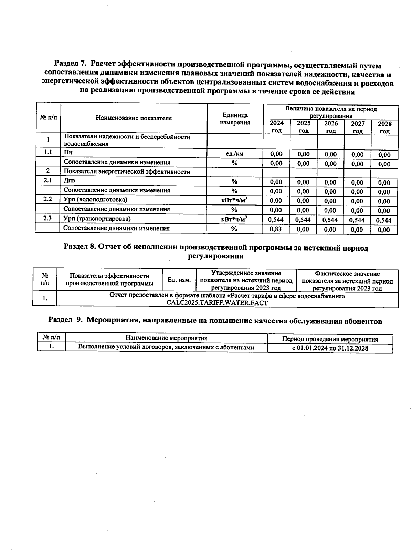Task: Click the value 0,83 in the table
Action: click(276, 229)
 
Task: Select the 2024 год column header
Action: click(276, 127)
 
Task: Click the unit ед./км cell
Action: click(234, 154)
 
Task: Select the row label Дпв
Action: click(70, 180)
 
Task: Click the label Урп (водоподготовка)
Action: click(95, 199)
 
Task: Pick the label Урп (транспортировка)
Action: click(97, 219)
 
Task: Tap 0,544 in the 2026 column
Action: click(330, 220)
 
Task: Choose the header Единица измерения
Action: click(235, 119)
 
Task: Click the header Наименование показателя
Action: click(134, 118)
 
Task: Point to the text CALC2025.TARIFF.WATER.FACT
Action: click(217, 303)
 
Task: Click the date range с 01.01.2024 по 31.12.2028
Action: click(330, 348)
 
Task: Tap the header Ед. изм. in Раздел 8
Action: click(179, 280)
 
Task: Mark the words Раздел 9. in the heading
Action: click(65, 320)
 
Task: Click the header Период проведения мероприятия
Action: click(330, 339)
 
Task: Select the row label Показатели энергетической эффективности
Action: click(127, 171)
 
